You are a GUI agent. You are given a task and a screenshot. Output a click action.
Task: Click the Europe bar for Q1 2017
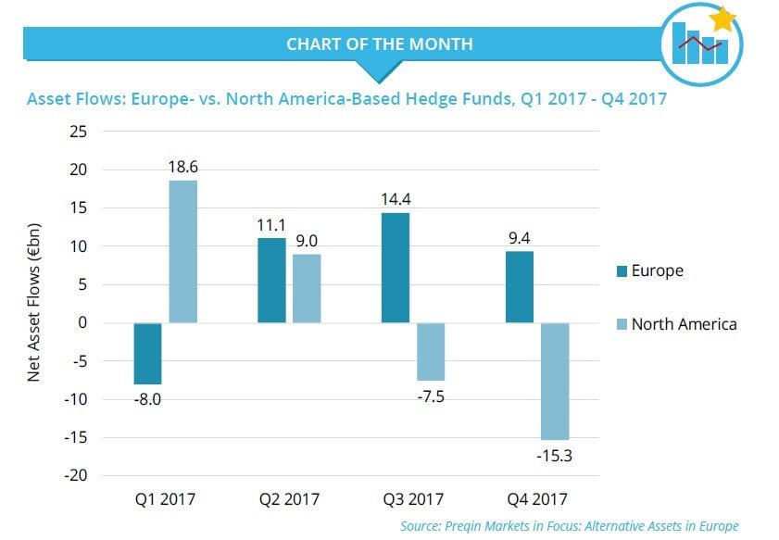(x=147, y=353)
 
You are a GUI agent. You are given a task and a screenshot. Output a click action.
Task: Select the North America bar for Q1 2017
(x=182, y=251)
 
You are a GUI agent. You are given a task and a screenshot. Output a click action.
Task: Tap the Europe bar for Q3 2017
(x=396, y=268)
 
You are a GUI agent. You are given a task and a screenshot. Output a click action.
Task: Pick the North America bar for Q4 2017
(x=555, y=381)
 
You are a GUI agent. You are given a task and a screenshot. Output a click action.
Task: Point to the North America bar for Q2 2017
(x=308, y=288)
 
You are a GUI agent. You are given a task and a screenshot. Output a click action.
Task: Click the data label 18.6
(x=182, y=169)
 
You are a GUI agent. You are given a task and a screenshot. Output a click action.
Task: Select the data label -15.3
(x=555, y=456)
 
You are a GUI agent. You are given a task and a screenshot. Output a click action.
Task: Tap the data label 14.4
(x=396, y=197)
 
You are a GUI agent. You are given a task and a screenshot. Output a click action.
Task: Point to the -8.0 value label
(x=147, y=399)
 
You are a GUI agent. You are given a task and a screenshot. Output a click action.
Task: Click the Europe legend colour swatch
(x=621, y=271)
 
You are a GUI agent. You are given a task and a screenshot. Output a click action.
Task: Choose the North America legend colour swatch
(x=621, y=324)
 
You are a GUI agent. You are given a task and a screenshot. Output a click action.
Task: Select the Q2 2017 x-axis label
(x=289, y=500)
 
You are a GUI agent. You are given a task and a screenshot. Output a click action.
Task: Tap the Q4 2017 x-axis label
(x=537, y=500)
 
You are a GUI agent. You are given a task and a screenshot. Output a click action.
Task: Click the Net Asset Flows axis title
(x=33, y=303)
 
